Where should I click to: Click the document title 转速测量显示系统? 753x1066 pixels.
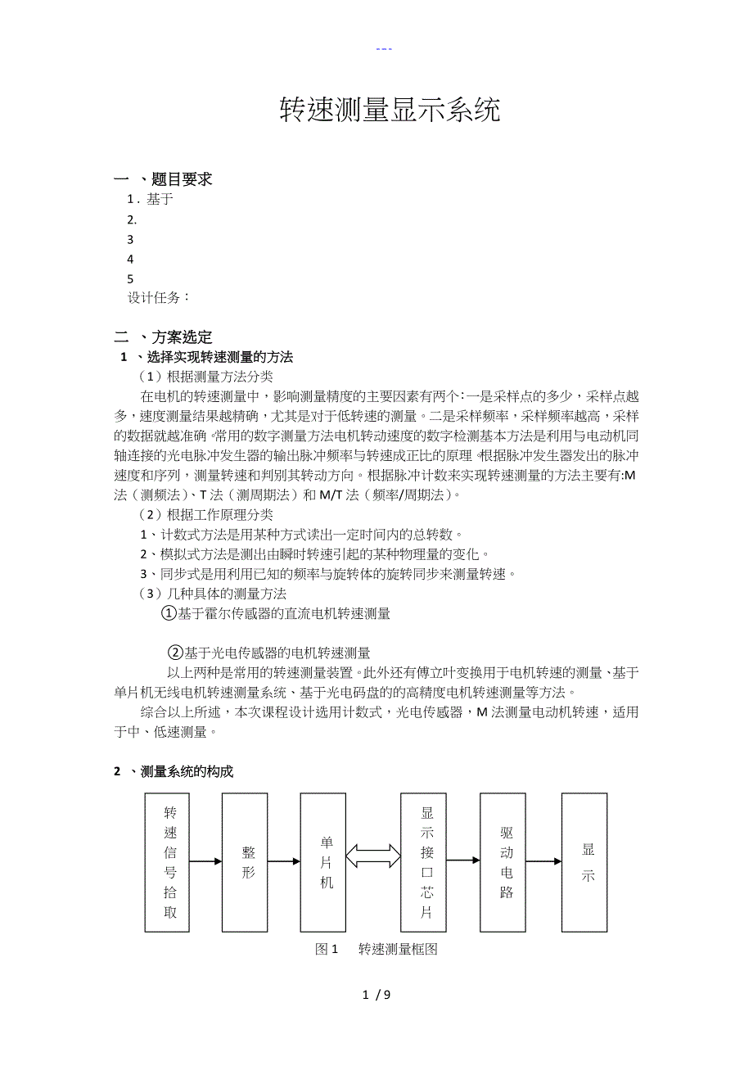(x=390, y=111)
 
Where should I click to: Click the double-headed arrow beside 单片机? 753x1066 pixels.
(x=373, y=856)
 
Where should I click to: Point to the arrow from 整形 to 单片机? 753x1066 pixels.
(x=284, y=861)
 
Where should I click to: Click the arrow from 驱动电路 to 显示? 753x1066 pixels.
(x=543, y=861)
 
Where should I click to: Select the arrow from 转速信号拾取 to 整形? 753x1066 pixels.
(x=205, y=861)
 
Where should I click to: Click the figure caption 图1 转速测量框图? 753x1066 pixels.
(x=376, y=949)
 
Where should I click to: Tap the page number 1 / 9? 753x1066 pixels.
(x=376, y=995)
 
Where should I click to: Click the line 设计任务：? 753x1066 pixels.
(x=159, y=298)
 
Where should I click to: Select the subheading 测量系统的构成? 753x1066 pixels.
(x=187, y=771)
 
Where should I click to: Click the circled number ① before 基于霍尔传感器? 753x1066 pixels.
(x=169, y=613)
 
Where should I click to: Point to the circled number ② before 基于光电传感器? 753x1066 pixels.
(x=175, y=653)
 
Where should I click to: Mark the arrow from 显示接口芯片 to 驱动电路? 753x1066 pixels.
(x=463, y=860)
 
